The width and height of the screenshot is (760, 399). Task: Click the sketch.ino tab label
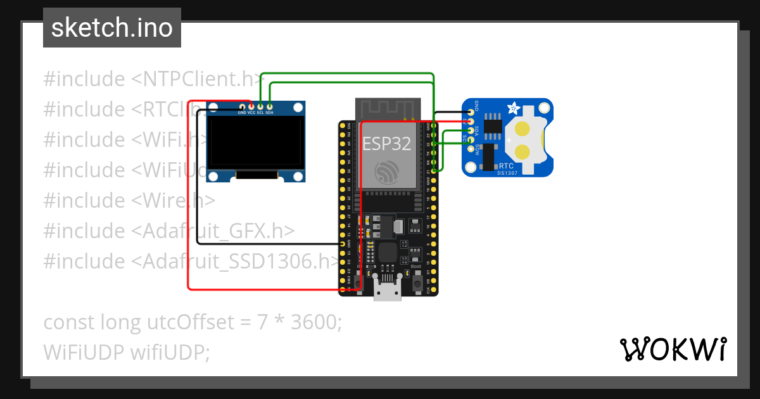pos(112,28)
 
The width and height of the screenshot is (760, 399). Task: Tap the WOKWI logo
pos(673,349)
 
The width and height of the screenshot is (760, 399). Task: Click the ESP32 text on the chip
pos(386,143)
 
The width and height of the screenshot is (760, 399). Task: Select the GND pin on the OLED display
pos(242,106)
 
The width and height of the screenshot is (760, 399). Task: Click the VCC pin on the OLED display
pos(251,106)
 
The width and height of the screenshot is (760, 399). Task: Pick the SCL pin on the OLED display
pos(260,106)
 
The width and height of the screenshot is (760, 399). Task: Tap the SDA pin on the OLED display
pos(269,106)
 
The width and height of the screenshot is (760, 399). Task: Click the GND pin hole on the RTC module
pos(470,111)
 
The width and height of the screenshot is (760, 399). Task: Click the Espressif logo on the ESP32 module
pos(386,172)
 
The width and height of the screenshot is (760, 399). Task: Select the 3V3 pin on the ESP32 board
pos(343,126)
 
